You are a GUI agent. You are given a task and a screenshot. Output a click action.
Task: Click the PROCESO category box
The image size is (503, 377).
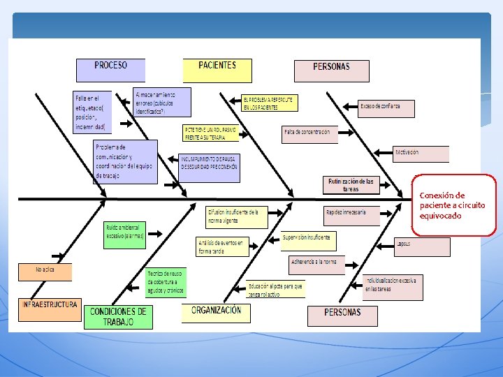(x=110, y=69)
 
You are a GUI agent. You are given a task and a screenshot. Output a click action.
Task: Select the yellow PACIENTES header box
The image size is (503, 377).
(x=217, y=70)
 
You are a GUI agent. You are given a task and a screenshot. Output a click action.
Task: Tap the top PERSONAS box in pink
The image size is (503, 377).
(x=332, y=71)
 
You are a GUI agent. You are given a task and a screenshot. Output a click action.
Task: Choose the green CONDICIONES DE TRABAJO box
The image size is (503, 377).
(x=117, y=316)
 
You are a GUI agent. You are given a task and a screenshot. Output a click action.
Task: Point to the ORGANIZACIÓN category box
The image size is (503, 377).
(x=216, y=312)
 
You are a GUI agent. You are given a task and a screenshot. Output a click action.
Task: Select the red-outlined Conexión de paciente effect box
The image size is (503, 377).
(x=455, y=205)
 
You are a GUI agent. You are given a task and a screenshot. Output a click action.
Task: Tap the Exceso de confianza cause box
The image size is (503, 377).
(x=386, y=108)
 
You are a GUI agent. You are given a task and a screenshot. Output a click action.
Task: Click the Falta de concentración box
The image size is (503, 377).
(x=309, y=133)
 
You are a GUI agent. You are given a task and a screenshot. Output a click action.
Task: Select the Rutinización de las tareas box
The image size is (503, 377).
(x=351, y=184)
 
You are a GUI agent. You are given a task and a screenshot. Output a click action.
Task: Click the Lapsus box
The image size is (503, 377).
(x=422, y=246)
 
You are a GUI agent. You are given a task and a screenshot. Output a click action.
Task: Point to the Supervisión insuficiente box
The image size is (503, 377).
(x=308, y=241)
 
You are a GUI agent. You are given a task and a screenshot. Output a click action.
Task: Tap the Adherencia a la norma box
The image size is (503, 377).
(x=316, y=264)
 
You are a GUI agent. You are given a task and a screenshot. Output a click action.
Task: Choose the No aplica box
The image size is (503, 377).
(x=45, y=271)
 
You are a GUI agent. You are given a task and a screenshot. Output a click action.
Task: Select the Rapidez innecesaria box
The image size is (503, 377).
(x=352, y=215)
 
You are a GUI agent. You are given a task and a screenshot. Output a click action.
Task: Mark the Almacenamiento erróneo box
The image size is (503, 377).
(x=162, y=102)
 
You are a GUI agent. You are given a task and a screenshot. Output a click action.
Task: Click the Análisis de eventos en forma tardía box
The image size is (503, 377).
(x=222, y=246)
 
